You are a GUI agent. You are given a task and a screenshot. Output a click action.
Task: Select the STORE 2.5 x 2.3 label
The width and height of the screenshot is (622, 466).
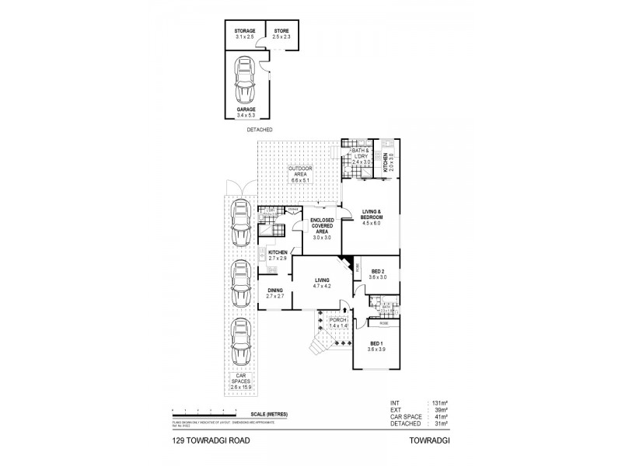281,33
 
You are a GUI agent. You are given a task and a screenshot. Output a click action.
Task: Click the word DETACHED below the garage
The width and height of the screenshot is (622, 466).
260,130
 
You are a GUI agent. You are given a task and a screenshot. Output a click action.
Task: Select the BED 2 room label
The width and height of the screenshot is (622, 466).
377,273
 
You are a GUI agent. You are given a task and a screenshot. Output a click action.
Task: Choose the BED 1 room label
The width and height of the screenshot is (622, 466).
377,346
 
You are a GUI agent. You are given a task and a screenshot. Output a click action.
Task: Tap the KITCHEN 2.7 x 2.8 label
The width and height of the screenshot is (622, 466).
278,256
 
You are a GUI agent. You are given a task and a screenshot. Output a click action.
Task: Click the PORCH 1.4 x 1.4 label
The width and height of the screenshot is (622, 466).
337,322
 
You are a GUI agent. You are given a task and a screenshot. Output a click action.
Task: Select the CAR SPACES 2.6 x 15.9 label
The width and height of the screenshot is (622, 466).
242,381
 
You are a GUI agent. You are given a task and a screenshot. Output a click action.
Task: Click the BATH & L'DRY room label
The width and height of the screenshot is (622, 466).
360,158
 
